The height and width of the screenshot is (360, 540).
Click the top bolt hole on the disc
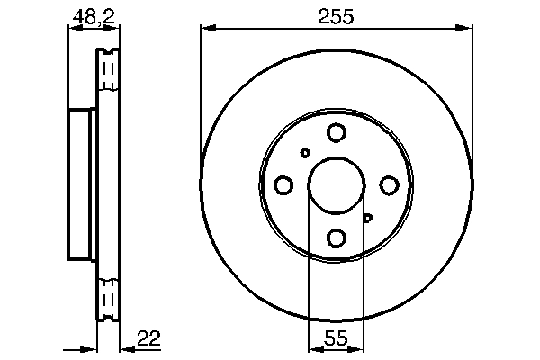[337, 133]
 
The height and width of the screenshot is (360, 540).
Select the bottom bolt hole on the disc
[337, 238]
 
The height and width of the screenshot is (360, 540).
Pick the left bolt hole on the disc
[283, 185]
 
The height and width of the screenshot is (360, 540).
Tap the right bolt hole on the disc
[389, 185]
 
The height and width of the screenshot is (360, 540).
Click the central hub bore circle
[337, 185]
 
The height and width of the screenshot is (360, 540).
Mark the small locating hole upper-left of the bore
[305, 153]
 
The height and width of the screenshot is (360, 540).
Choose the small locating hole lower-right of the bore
[368, 217]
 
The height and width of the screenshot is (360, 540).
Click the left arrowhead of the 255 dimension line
[205, 30]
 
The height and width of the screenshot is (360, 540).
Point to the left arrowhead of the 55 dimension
[313, 348]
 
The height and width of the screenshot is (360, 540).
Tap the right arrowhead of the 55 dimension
[360, 348]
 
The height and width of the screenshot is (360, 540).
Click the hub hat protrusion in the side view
[82, 185]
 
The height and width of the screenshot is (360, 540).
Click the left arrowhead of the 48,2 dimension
[73, 30]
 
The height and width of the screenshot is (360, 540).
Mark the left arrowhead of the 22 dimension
[91, 348]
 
